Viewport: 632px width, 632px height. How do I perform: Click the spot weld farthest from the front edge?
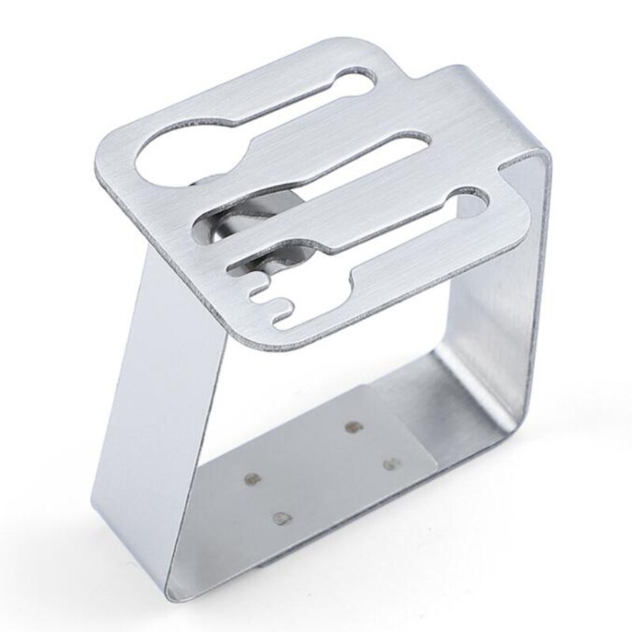pyautogui.click(x=353, y=427)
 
